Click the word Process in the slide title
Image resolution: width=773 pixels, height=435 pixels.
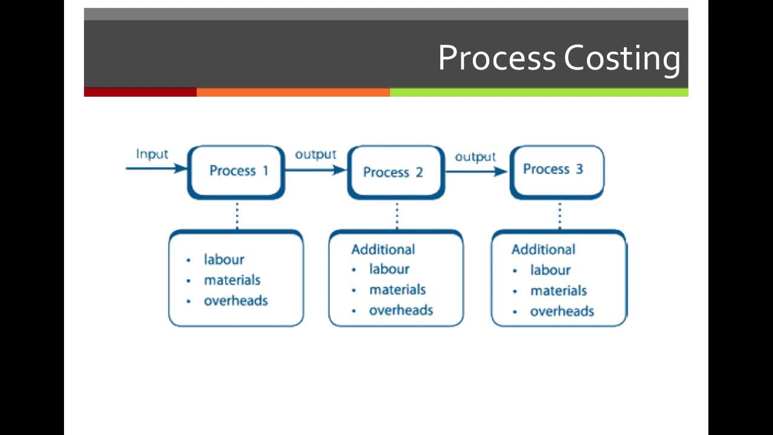(496, 58)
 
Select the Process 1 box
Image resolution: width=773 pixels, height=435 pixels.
(236, 172)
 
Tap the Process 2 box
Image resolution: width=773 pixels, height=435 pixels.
(396, 172)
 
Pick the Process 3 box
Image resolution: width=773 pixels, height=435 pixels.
(556, 171)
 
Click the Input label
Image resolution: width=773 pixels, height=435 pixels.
(152, 154)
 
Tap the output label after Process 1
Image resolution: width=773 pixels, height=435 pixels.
(315, 155)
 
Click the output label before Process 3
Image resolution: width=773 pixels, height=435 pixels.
(475, 157)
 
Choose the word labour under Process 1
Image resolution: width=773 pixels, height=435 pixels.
(224, 259)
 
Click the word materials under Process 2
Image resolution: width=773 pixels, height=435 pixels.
(397, 289)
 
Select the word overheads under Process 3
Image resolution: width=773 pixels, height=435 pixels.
(562, 311)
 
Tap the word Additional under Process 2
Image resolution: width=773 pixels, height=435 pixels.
(383, 250)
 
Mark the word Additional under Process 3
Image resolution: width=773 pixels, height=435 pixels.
(543, 250)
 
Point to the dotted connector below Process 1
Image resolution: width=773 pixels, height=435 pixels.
(237, 215)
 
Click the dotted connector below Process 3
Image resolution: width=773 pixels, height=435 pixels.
(559, 215)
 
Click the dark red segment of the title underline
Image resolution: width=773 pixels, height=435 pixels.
(140, 92)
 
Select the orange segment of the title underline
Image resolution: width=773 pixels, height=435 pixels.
(293, 92)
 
